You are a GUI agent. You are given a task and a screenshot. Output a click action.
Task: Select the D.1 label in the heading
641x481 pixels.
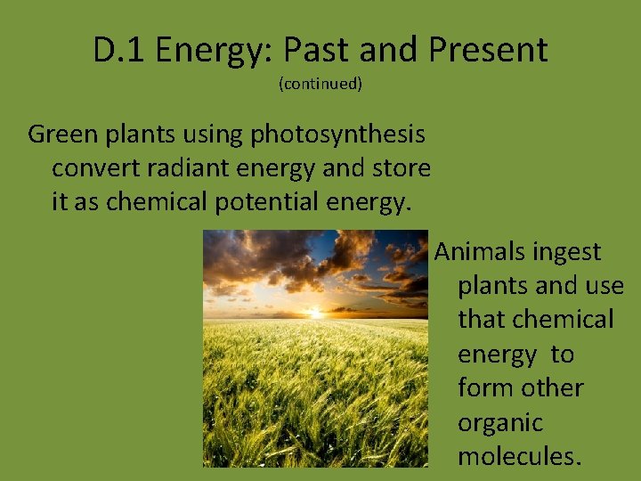pyautogui.click(x=118, y=50)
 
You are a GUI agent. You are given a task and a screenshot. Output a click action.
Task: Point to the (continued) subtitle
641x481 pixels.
pyautogui.click(x=320, y=85)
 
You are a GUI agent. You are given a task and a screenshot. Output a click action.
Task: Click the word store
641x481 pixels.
pyautogui.click(x=399, y=168)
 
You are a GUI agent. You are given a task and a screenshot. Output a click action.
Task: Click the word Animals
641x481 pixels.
pyautogui.click(x=480, y=252)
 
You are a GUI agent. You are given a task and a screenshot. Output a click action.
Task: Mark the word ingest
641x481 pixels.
pyautogui.click(x=568, y=253)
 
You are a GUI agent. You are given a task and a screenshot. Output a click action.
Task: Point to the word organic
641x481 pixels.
pyautogui.click(x=499, y=423)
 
